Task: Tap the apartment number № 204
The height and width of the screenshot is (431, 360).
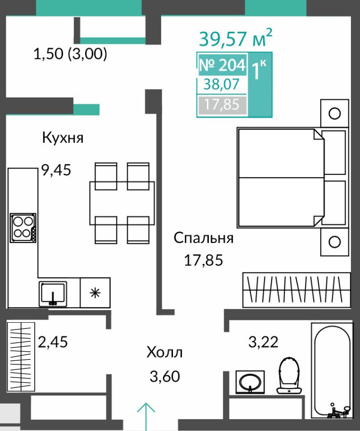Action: (x=222, y=65)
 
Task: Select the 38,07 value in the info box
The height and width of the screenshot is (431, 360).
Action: (x=221, y=84)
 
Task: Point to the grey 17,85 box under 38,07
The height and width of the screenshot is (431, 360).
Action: (x=222, y=105)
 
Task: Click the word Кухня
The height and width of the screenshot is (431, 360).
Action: (x=62, y=137)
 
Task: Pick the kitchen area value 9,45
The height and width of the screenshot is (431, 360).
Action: (x=56, y=170)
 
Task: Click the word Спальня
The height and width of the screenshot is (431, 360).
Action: (x=203, y=238)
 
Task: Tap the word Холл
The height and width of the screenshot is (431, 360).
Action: (x=164, y=352)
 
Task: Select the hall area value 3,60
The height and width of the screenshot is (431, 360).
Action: (x=165, y=376)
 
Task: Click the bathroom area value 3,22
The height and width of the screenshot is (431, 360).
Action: (x=263, y=342)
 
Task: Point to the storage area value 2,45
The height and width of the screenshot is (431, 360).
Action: (x=53, y=342)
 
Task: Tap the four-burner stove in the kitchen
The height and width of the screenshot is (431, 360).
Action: (x=23, y=228)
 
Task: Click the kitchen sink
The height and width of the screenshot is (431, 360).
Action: (x=53, y=294)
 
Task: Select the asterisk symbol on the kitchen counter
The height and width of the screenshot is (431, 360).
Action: (x=95, y=293)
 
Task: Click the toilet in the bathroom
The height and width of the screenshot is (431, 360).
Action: (x=289, y=375)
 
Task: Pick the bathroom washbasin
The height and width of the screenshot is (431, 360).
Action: (x=250, y=382)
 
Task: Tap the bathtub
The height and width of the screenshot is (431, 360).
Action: (x=332, y=371)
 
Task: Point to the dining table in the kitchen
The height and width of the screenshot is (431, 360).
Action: (x=122, y=203)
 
